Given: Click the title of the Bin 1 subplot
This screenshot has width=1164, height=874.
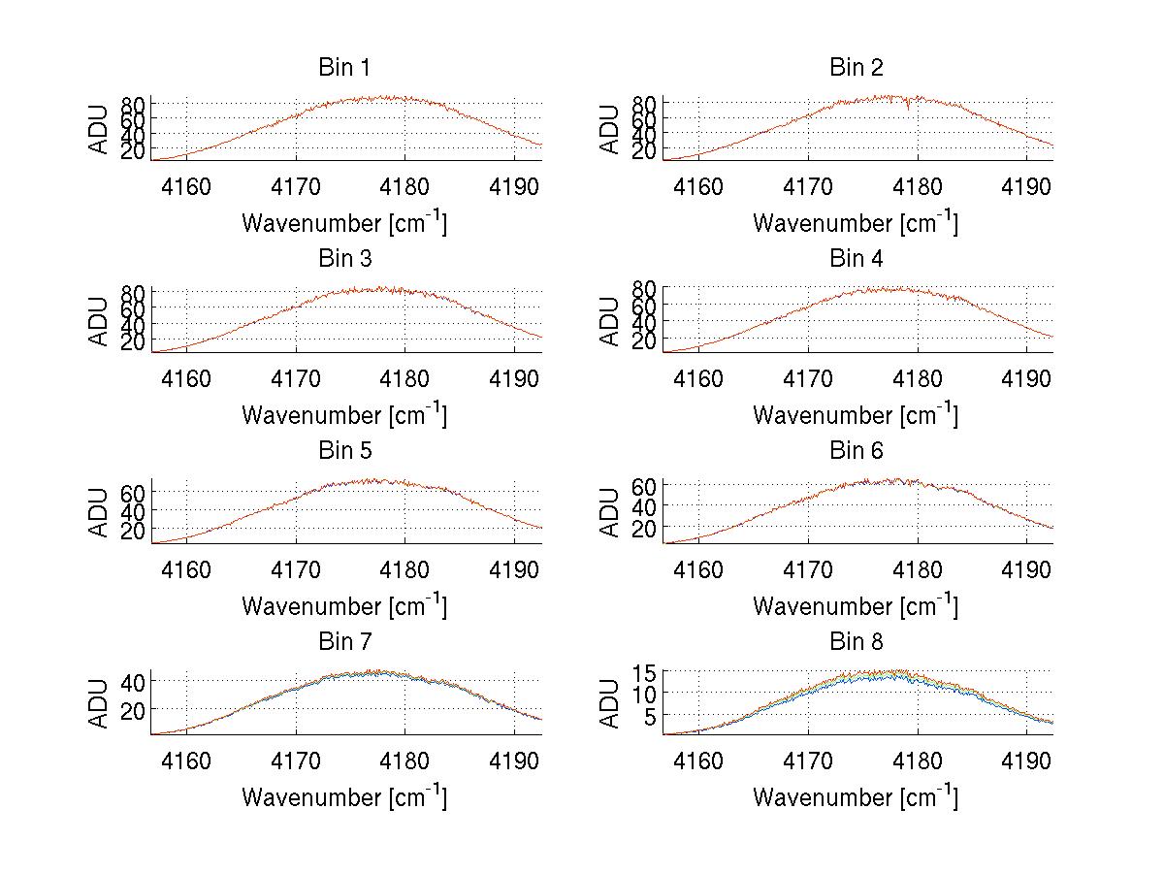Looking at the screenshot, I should click(344, 68).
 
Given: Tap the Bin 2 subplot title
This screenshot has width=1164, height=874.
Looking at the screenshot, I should click(856, 68).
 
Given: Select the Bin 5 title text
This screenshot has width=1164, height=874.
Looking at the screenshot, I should click(344, 451).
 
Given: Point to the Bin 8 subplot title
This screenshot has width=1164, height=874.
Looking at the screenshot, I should click(856, 642).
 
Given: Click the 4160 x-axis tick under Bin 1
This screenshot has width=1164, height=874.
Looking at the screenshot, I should click(185, 186).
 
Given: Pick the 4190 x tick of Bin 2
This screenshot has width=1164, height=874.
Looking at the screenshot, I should click(1026, 186).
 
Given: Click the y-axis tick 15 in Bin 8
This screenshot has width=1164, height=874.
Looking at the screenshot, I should click(646, 672).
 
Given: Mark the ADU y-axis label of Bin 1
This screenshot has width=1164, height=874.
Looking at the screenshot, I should click(99, 130).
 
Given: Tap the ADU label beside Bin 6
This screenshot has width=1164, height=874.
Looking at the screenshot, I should click(610, 512).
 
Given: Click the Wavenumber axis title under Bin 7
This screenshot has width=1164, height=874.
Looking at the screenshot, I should click(344, 797).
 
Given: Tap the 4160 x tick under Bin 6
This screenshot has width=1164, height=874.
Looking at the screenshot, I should click(697, 569).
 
